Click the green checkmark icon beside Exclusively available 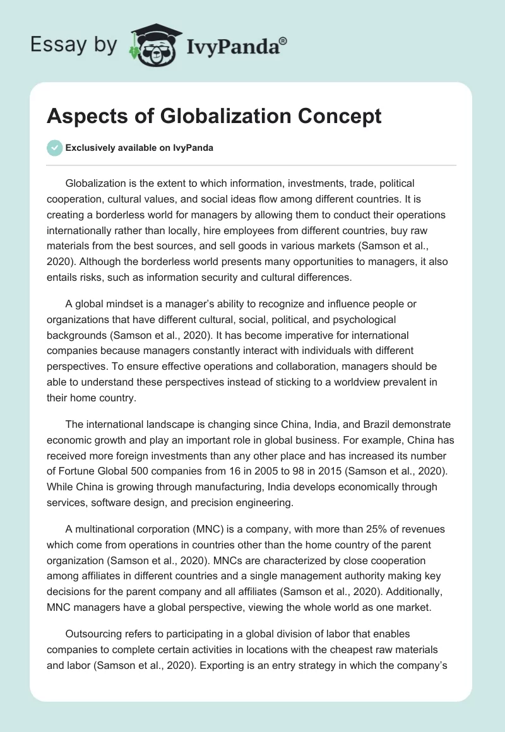pyautogui.click(x=54, y=148)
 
